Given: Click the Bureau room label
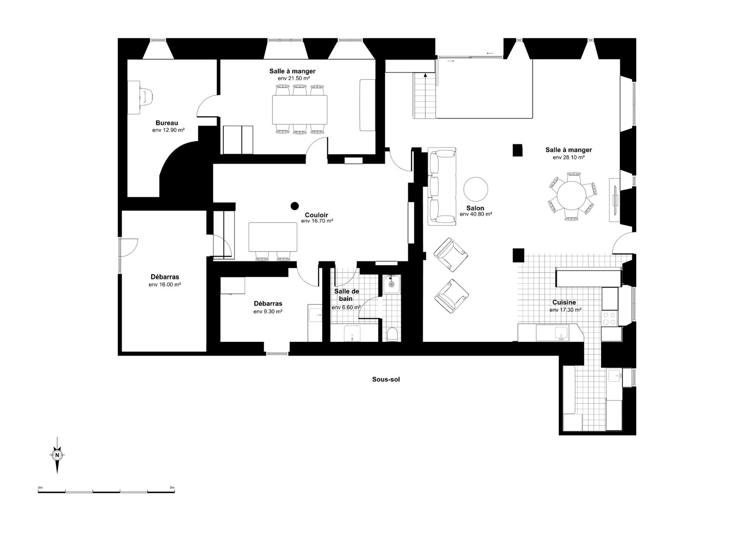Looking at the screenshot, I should pos(167,123).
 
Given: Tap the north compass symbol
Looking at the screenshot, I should pos(57,455).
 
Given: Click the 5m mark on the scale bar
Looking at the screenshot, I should pos(172,487).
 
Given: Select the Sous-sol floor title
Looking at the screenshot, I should pos(386,379).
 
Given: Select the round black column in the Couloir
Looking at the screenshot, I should pos(295,206).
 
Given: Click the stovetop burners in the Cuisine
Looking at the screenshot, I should pos(609,318).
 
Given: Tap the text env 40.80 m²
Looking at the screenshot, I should pos(476,214).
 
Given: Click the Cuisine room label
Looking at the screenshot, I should pos(564,302).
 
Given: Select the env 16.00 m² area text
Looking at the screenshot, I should pos(165,284).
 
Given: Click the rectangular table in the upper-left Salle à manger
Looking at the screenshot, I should pos(300,109).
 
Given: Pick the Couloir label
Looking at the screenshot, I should pos(317,215).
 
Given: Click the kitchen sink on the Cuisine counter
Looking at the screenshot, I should pos(561,333).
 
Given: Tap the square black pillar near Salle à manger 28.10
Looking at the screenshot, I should pos(518,150).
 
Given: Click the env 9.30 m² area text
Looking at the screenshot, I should pos(268,311).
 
